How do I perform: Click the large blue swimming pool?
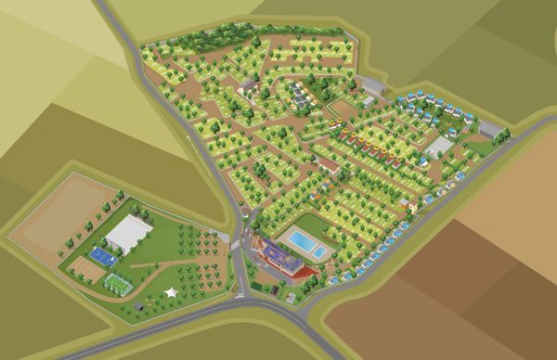click(x=301, y=242)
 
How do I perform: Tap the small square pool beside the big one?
click(x=318, y=252)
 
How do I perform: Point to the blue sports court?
click(x=95, y=251)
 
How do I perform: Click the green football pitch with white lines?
click(x=118, y=282)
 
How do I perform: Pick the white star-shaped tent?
click(x=171, y=292)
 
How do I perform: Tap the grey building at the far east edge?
click(x=490, y=130)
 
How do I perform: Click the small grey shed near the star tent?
click(x=138, y=304)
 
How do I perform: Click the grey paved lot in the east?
click(x=438, y=147)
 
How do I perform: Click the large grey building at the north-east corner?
click(x=371, y=86)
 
